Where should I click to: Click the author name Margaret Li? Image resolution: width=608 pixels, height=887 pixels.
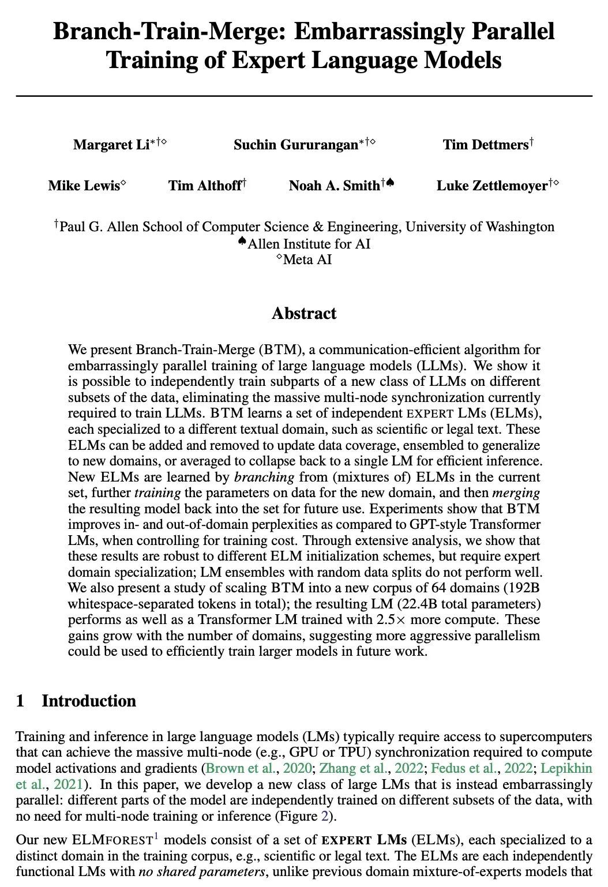[x=111, y=145]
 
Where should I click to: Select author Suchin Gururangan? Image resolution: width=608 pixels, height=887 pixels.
[x=295, y=145]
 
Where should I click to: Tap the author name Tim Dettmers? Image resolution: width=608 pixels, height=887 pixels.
[x=486, y=145]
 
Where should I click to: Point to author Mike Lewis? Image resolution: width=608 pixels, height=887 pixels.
[x=84, y=186]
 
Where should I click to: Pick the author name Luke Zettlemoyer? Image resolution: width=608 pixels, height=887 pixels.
[x=491, y=186]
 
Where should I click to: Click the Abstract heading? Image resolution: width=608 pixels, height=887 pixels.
[x=304, y=314]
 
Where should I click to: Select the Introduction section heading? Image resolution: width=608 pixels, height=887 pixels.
[x=89, y=701]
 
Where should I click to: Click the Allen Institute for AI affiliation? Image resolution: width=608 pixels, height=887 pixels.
[x=309, y=243]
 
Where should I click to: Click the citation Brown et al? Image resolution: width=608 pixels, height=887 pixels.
[x=230, y=769]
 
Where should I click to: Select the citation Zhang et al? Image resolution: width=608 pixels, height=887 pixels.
[x=344, y=769]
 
